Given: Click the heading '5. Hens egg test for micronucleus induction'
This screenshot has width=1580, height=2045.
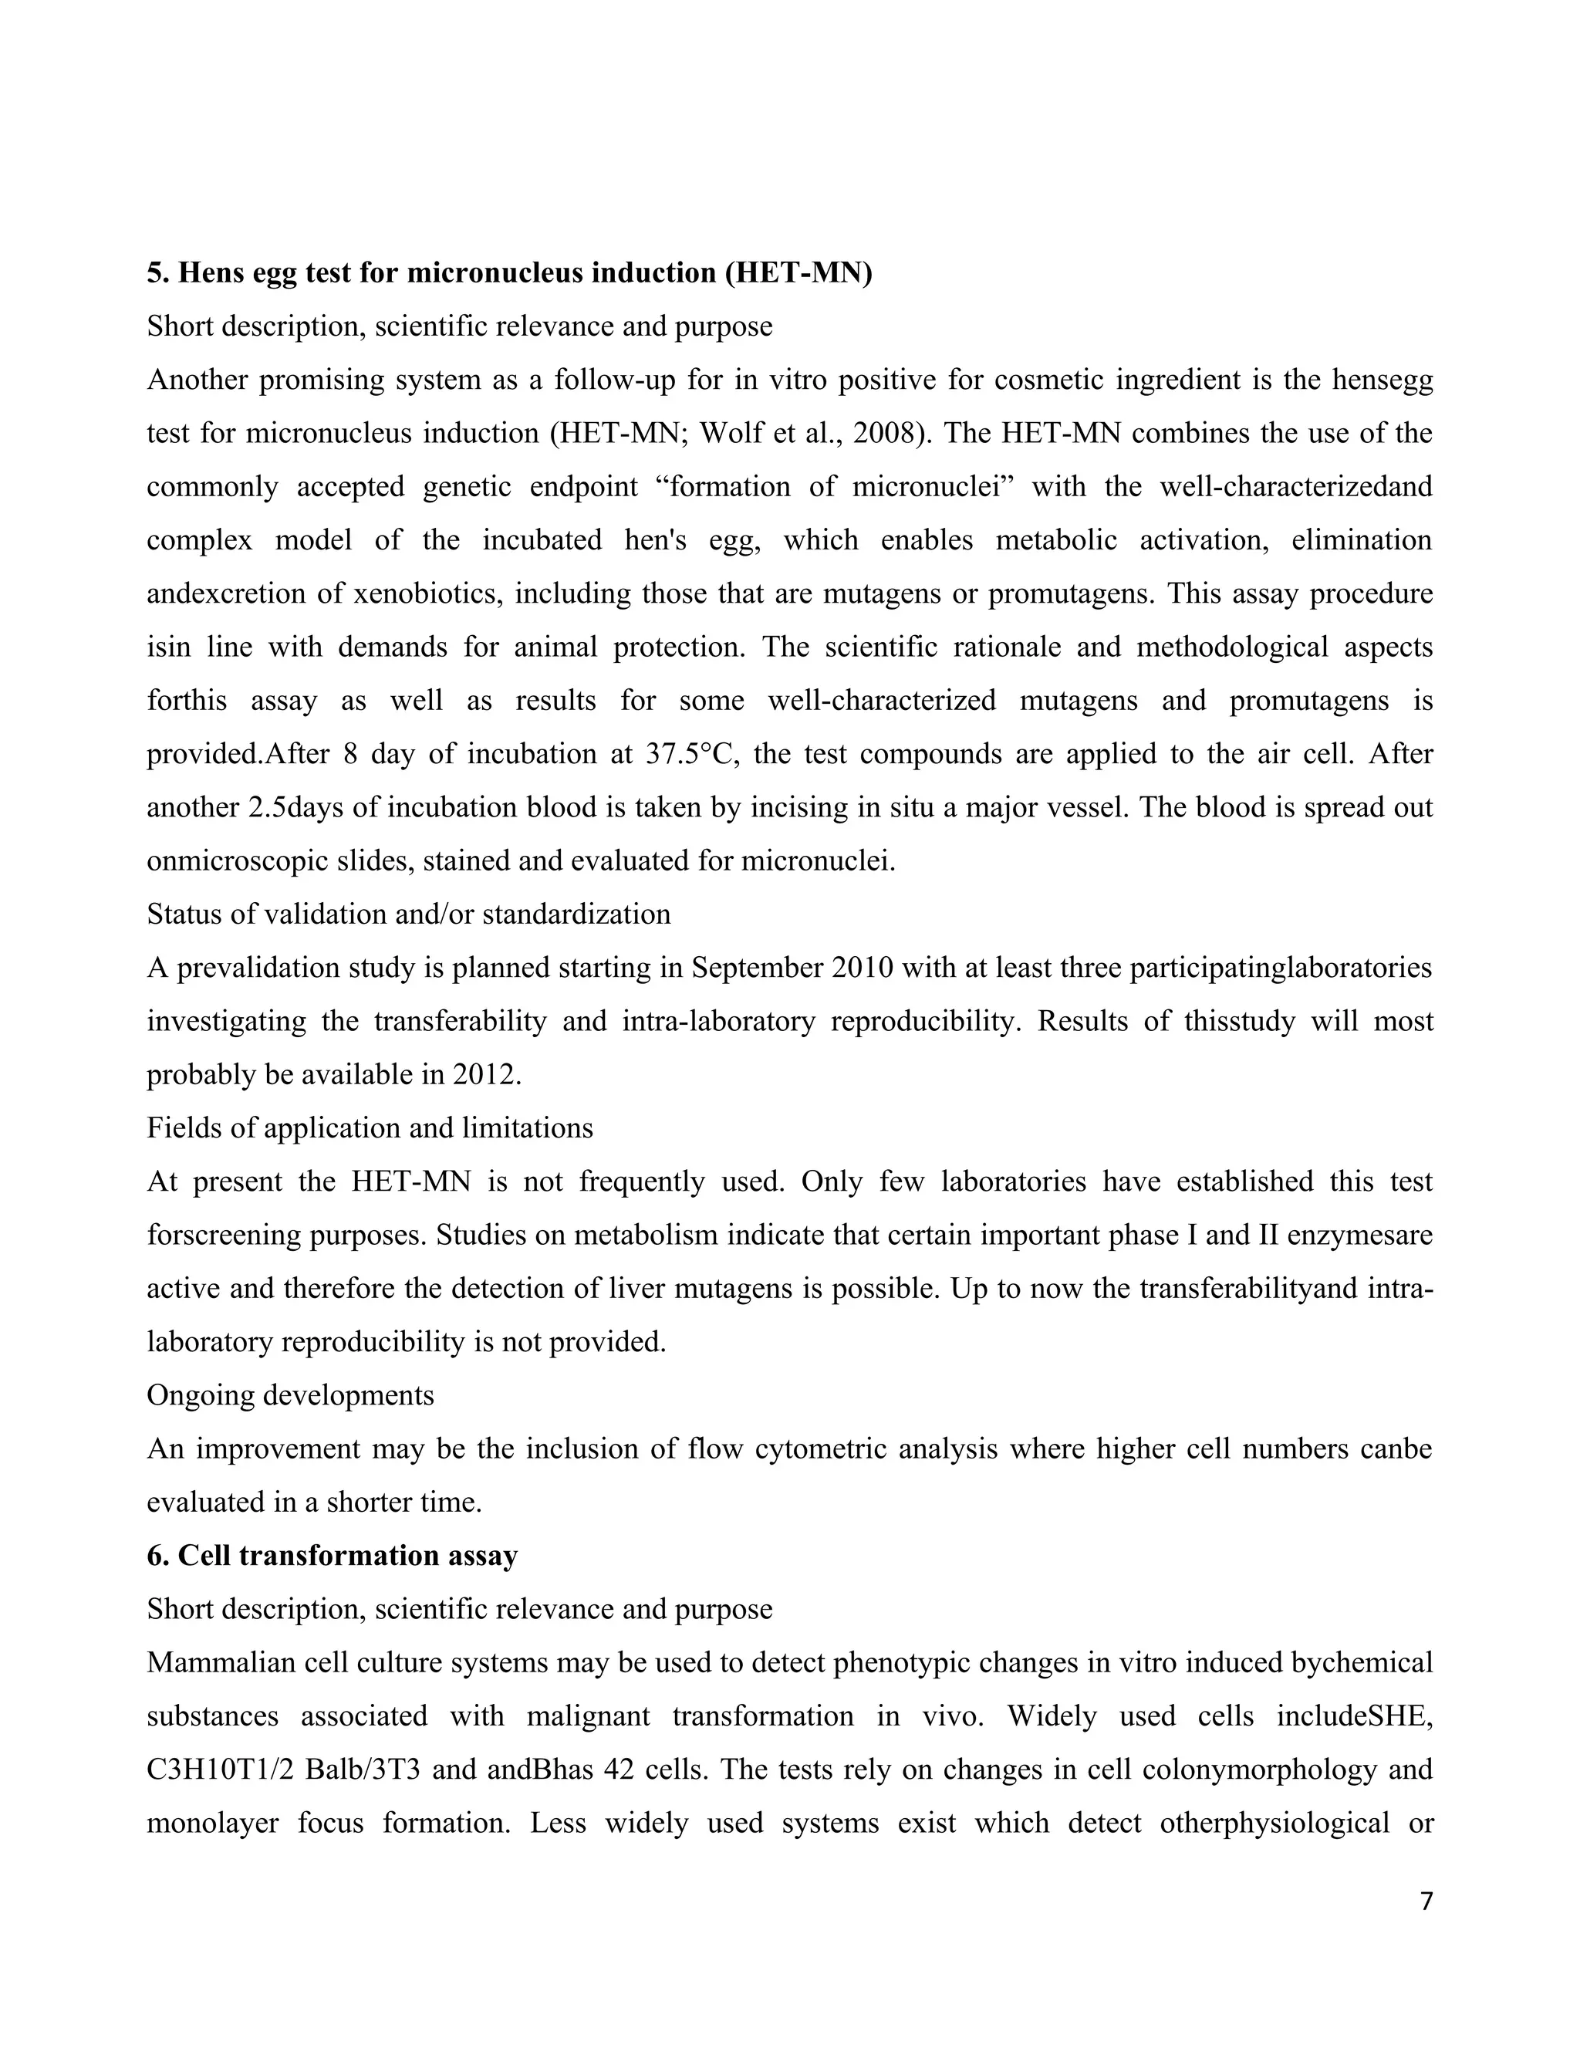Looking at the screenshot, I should [x=509, y=272].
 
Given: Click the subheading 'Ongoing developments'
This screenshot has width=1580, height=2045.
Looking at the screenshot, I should [x=290, y=1394].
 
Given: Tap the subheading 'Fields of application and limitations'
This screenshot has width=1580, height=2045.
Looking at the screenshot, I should [x=370, y=1127].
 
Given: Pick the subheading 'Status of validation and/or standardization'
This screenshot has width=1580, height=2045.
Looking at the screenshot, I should [x=408, y=914].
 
